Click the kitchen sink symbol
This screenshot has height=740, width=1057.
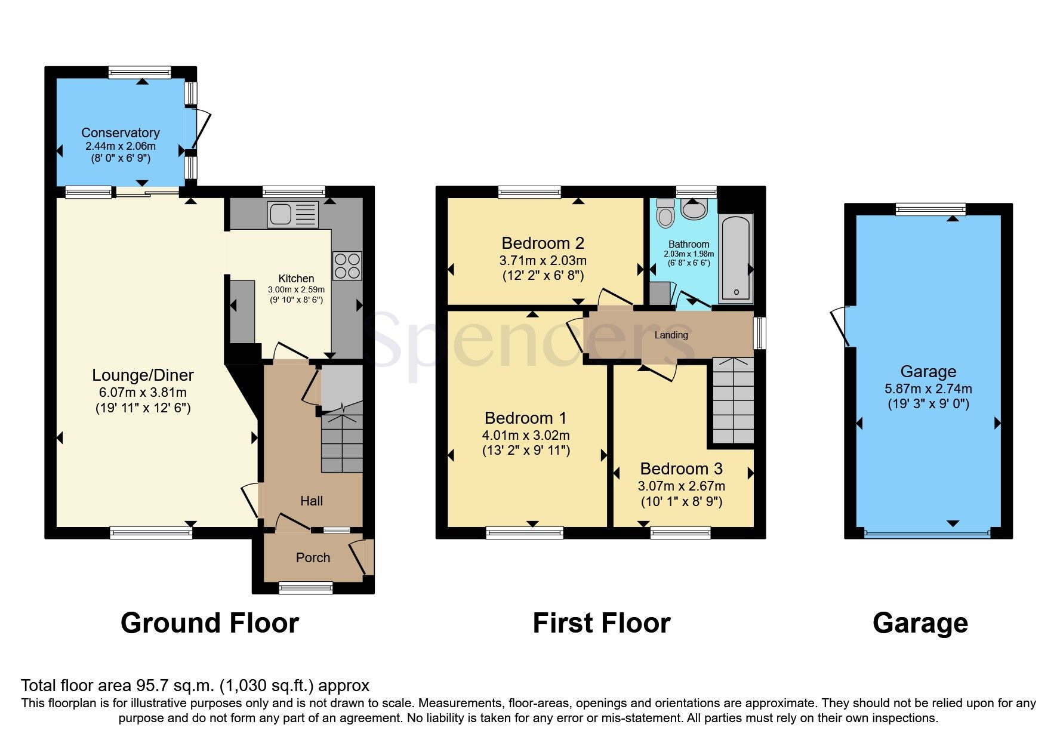[x=292, y=214]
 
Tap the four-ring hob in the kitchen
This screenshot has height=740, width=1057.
[x=347, y=266]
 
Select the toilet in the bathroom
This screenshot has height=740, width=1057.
[x=664, y=213]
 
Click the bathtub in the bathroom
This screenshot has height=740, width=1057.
[x=736, y=259]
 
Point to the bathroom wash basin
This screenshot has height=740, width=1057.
[x=694, y=209]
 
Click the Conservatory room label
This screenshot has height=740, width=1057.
[x=121, y=132]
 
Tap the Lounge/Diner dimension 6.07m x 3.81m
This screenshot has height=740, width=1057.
[x=143, y=392]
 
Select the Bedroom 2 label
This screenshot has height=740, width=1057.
[x=543, y=243]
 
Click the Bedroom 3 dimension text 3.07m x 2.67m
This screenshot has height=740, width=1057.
[x=681, y=486]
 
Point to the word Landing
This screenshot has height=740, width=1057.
[x=671, y=335]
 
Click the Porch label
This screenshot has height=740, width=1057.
[x=313, y=557]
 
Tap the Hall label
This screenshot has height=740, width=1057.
[x=312, y=501]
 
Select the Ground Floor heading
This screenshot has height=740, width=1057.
[x=209, y=623]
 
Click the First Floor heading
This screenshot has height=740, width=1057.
[x=601, y=623]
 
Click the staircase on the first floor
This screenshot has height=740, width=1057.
[x=733, y=400]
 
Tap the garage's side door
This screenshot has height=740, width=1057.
[x=840, y=326]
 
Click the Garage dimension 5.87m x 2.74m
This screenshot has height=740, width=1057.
[x=928, y=388]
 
